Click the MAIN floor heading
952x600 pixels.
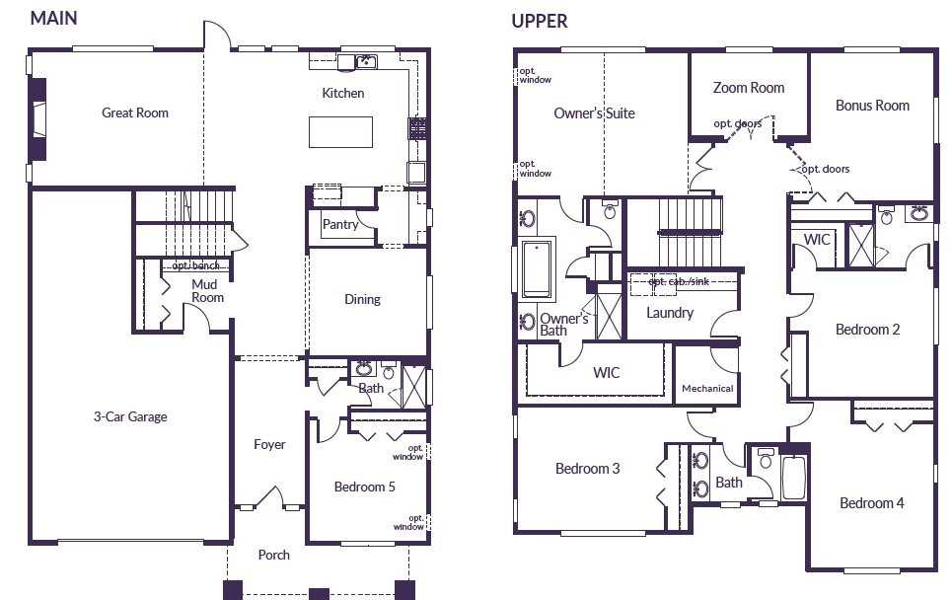(x=54, y=18)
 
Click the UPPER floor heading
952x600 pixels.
(x=540, y=22)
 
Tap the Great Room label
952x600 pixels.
(x=135, y=112)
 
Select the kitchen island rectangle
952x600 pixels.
(x=340, y=132)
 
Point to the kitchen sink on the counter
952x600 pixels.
(x=366, y=61)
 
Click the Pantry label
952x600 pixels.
(x=340, y=225)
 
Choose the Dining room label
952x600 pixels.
(x=362, y=299)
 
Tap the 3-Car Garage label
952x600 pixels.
(x=130, y=416)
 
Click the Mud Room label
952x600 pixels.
(x=207, y=291)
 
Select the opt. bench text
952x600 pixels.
(x=195, y=265)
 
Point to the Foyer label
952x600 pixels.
(x=269, y=444)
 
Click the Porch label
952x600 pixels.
(x=274, y=555)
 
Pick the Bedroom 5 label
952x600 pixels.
(x=364, y=487)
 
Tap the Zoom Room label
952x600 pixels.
(x=749, y=88)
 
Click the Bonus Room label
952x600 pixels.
(x=872, y=106)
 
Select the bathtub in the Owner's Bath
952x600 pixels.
(x=537, y=269)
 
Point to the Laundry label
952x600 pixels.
(x=670, y=313)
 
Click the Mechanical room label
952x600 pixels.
(x=707, y=389)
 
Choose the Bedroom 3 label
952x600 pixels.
(x=587, y=469)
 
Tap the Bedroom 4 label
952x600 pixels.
(x=871, y=503)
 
